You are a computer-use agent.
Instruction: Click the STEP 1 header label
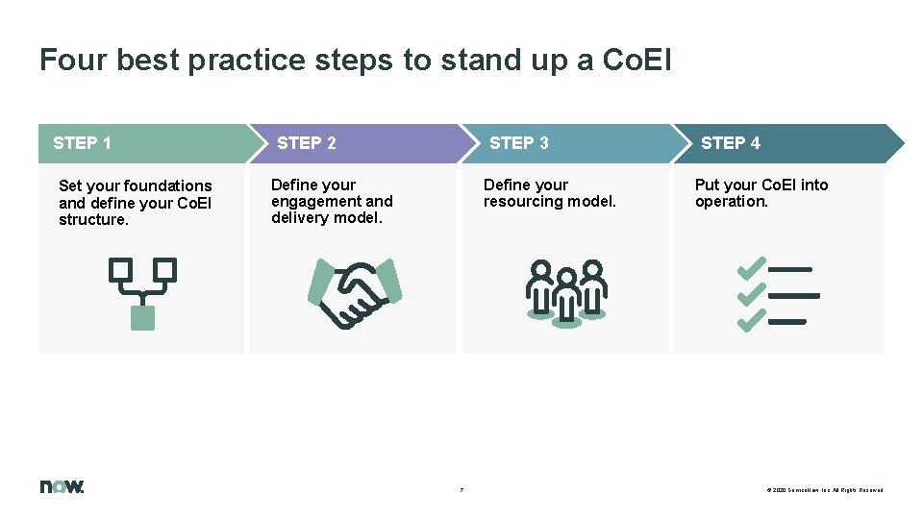tap(83, 143)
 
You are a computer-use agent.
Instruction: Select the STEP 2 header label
tap(307, 143)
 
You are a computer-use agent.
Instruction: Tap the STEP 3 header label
tap(519, 143)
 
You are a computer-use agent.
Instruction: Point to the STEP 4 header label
tap(731, 143)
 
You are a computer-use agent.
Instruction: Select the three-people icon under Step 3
tap(566, 292)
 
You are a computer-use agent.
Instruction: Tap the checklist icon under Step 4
tap(777, 294)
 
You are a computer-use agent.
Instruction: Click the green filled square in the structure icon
tap(142, 317)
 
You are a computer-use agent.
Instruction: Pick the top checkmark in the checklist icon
tap(751, 268)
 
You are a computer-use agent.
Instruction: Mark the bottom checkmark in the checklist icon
tap(751, 320)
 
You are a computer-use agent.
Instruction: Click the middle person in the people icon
tap(566, 298)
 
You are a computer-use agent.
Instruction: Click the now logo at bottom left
tap(62, 486)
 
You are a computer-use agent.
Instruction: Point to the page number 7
tap(461, 490)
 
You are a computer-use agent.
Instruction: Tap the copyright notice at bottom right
tap(825, 490)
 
